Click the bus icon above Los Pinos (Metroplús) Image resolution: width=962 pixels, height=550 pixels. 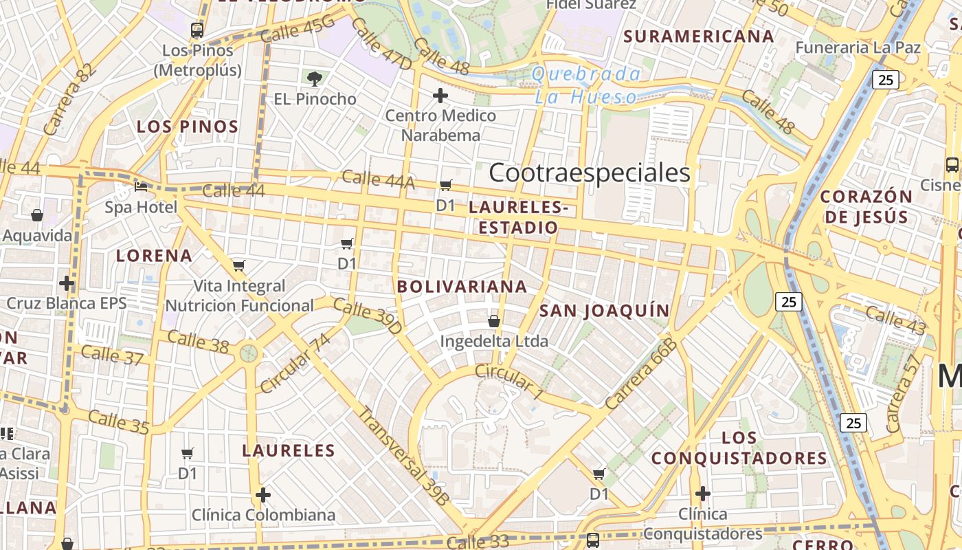click(197, 30)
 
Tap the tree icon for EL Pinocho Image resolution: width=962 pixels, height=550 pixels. click(315, 78)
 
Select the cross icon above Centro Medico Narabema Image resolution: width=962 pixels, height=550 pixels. click(440, 95)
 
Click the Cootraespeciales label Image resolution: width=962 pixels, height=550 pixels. click(590, 173)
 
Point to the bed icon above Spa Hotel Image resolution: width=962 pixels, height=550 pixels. click(141, 186)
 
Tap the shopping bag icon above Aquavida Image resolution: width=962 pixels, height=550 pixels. click(37, 215)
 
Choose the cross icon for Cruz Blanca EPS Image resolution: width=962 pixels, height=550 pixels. click(67, 283)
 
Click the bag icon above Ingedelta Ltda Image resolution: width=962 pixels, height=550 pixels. click(493, 320)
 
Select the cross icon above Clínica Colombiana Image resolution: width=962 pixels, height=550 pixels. click(263, 494)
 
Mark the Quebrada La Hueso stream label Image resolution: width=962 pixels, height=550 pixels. click(587, 85)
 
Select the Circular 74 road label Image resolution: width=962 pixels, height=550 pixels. click(295, 363)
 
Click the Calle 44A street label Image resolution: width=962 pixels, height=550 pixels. click(378, 179)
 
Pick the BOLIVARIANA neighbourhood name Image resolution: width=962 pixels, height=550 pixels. click(462, 286)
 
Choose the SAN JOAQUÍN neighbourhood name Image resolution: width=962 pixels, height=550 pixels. click(604, 311)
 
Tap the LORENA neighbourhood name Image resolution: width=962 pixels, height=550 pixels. click(154, 256)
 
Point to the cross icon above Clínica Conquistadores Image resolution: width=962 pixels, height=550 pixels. click(702, 494)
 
